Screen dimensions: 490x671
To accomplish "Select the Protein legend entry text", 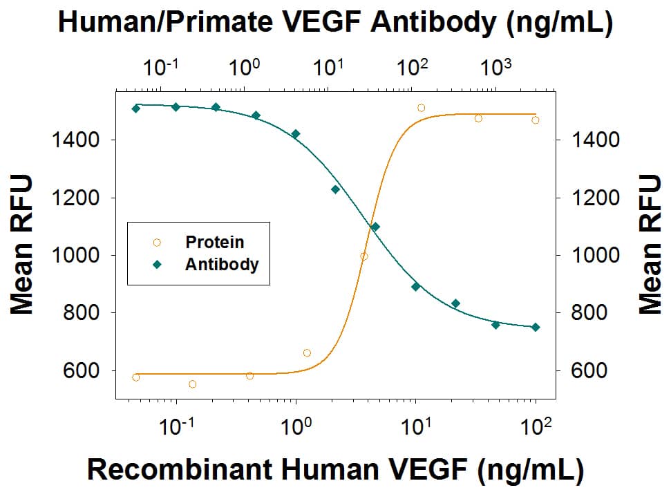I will [x=214, y=242].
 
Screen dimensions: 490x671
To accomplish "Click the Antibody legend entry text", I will [x=221, y=264].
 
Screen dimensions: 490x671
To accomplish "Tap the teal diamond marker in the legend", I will [x=157, y=264].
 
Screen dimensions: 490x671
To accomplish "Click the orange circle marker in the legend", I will [x=157, y=242].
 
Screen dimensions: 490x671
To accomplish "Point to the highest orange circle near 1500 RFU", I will [x=421, y=108].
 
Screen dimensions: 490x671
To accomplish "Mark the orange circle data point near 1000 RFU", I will [x=364, y=256].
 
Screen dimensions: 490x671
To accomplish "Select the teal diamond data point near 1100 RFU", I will [x=375, y=227].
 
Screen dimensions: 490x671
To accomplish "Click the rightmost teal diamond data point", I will [x=536, y=327].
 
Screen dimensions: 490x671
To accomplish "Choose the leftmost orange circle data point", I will [x=135, y=377].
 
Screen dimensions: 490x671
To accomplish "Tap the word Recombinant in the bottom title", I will [x=178, y=469].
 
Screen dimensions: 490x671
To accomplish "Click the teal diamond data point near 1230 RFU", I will [x=335, y=189].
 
